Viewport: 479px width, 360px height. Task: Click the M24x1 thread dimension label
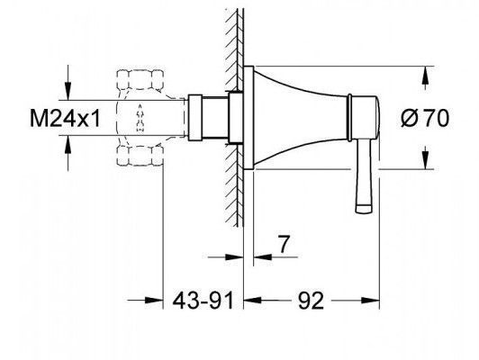coord(65,118)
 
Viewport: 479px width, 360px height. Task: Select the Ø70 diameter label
coord(425,118)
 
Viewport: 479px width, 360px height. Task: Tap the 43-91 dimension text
coord(203,301)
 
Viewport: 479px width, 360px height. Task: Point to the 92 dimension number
coord(311,301)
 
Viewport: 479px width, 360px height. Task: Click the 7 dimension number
coord(284,244)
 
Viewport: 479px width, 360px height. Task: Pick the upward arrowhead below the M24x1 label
coord(68,144)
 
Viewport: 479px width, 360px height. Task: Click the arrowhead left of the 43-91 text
coord(154,301)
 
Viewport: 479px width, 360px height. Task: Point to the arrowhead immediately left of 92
coord(253,301)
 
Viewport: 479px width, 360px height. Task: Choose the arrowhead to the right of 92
coord(370,301)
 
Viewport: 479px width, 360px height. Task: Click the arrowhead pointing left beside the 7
coord(263,257)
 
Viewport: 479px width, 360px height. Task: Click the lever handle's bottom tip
coord(364,211)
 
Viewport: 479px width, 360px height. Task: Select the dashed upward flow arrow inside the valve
coord(140,118)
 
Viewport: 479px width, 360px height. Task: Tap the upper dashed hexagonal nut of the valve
coord(140,79)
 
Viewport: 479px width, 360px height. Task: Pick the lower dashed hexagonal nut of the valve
coord(140,156)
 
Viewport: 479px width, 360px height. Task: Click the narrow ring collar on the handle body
coord(349,118)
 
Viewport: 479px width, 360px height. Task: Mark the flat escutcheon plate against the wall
coord(249,118)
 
